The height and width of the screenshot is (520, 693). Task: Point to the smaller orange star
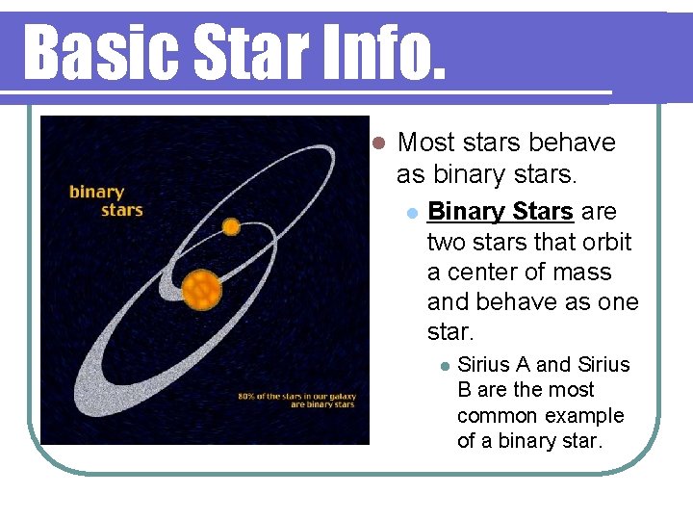tap(231, 227)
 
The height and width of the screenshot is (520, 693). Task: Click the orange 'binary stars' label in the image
tap(105, 200)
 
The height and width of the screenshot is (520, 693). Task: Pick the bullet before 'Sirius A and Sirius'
tap(443, 367)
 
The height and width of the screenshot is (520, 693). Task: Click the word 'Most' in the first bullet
tap(425, 143)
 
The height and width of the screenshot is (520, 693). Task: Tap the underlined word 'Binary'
tap(466, 211)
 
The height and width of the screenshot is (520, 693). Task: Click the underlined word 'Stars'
tap(544, 211)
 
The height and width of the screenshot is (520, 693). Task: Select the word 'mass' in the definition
tap(581, 273)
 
